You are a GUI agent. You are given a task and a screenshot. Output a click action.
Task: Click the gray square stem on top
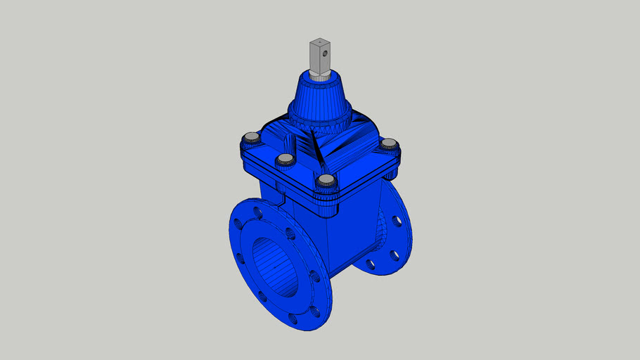point(321,56)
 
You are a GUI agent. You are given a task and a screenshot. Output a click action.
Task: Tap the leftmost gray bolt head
point(250,138)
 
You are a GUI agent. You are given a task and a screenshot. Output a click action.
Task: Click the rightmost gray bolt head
point(389,144)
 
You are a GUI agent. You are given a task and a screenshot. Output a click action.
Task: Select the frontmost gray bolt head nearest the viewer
point(325,180)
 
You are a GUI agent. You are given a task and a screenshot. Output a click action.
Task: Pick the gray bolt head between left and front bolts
point(285,160)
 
